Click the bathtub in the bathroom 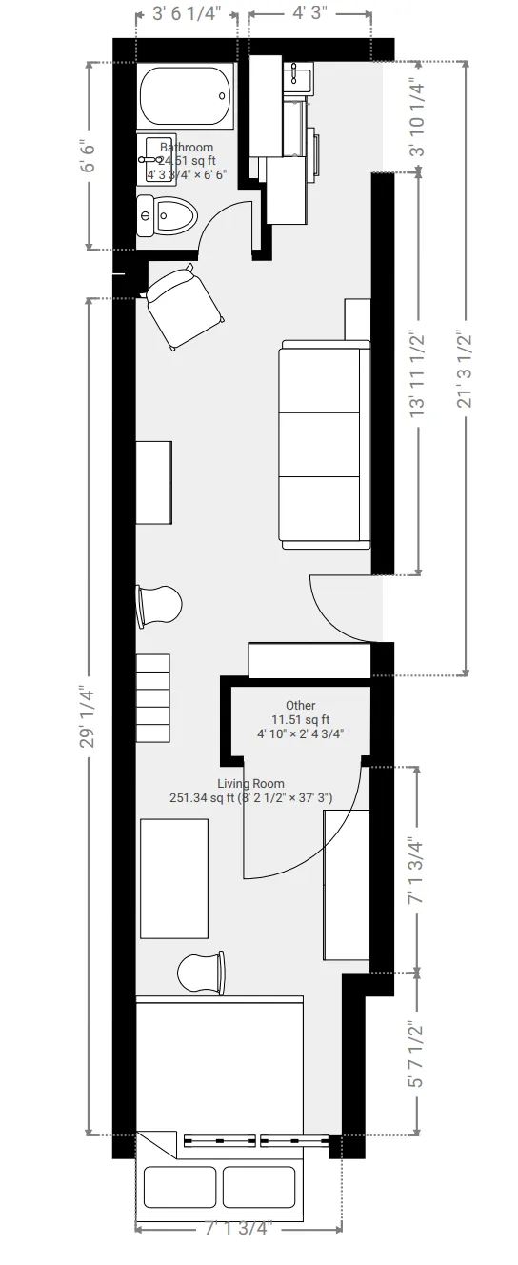tap(187, 95)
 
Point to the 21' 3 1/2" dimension tap(466, 370)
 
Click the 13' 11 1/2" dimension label tap(416, 374)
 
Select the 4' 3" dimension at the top tap(310, 14)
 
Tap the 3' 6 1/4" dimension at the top tap(187, 14)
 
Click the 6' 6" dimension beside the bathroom tap(90, 155)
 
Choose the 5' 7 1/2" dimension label tap(416, 1054)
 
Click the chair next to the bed tap(203, 973)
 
